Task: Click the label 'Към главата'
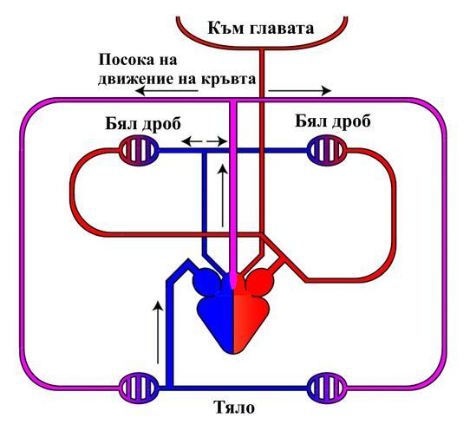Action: pyautogui.click(x=260, y=29)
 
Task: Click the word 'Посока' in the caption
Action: pyautogui.click(x=125, y=60)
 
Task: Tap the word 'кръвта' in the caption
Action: pyautogui.click(x=228, y=79)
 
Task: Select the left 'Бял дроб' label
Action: pyautogui.click(x=143, y=123)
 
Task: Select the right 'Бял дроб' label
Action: pyautogui.click(x=333, y=121)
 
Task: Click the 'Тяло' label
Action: pyautogui.click(x=235, y=408)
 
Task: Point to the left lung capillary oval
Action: pyautogui.click(x=139, y=151)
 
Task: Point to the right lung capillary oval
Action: pyautogui.click(x=328, y=151)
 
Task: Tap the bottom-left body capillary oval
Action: pyautogui.click(x=139, y=388)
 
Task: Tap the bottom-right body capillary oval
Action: pyautogui.click(x=328, y=388)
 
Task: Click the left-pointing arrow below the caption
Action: pyautogui.click(x=166, y=90)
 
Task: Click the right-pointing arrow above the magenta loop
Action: pyautogui.click(x=300, y=90)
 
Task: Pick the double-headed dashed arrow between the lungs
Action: pyautogui.click(x=205, y=140)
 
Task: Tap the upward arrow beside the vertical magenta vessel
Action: pyautogui.click(x=222, y=195)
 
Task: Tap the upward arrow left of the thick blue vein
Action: pyautogui.click(x=158, y=332)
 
